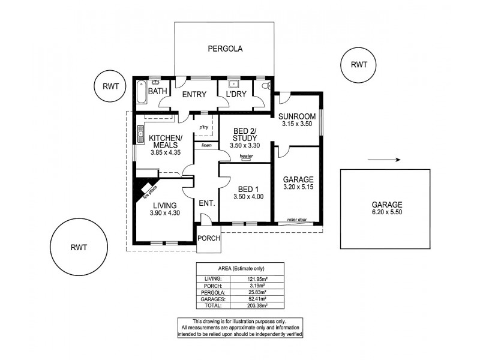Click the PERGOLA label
[225, 50]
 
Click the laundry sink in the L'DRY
[231, 84]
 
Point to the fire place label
[149, 190]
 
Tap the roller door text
[296, 220]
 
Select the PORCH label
[209, 238]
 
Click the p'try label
[204, 127]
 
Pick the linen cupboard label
[206, 145]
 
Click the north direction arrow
[384, 160]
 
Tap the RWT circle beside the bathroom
[110, 86]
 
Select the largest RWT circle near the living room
[79, 247]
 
